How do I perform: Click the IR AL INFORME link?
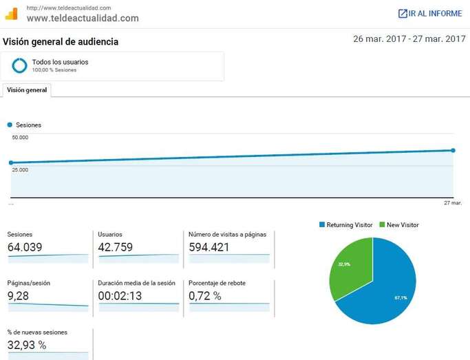tap(431, 13)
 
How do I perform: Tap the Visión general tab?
tap(27, 90)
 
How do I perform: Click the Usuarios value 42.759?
tap(116, 247)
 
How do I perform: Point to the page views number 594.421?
tap(209, 247)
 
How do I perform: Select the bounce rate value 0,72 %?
tap(205, 296)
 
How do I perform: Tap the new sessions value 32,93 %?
tap(27, 345)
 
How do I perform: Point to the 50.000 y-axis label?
tap(20, 138)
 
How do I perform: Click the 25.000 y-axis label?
tap(20, 169)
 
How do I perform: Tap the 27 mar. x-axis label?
tap(451, 203)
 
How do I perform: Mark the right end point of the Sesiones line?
tap(453, 150)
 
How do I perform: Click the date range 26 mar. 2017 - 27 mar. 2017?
tap(409, 39)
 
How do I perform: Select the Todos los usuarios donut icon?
tap(20, 65)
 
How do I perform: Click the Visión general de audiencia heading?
tap(61, 42)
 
